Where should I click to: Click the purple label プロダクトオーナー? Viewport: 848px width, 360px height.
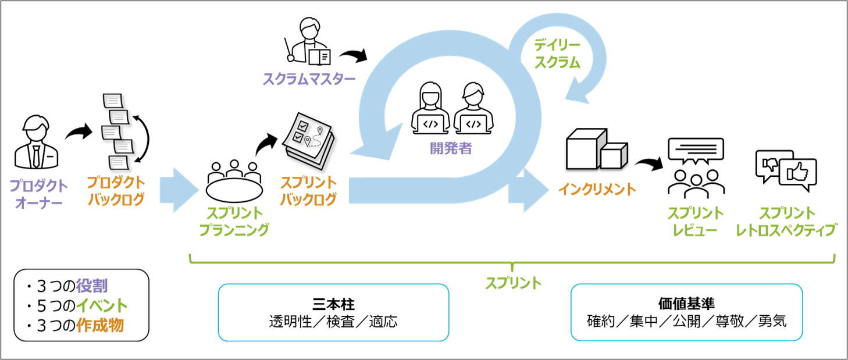[x=38, y=194]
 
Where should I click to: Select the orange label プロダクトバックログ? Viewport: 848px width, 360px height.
[x=116, y=191]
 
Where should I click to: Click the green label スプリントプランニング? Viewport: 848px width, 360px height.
[x=234, y=222]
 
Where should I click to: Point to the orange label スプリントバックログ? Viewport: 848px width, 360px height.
[x=308, y=191]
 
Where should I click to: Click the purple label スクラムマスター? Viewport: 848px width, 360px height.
[x=308, y=79]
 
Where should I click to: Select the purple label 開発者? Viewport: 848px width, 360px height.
[x=451, y=148]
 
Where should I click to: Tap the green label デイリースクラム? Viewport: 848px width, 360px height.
[x=557, y=54]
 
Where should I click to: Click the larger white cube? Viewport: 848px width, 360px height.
[x=583, y=149]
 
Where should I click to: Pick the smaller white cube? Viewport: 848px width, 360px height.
[x=612, y=155]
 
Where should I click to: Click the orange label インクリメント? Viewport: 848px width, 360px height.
[x=597, y=190]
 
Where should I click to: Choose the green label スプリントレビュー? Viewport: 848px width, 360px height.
[x=695, y=222]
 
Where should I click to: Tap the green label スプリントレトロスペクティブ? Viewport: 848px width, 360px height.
[x=786, y=222]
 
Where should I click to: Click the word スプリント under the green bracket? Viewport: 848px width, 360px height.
[x=513, y=284]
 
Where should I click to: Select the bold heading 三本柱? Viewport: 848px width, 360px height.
[x=333, y=304]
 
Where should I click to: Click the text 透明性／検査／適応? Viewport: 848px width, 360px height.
[x=333, y=322]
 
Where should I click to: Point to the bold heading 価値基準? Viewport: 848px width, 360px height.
[x=686, y=304]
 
